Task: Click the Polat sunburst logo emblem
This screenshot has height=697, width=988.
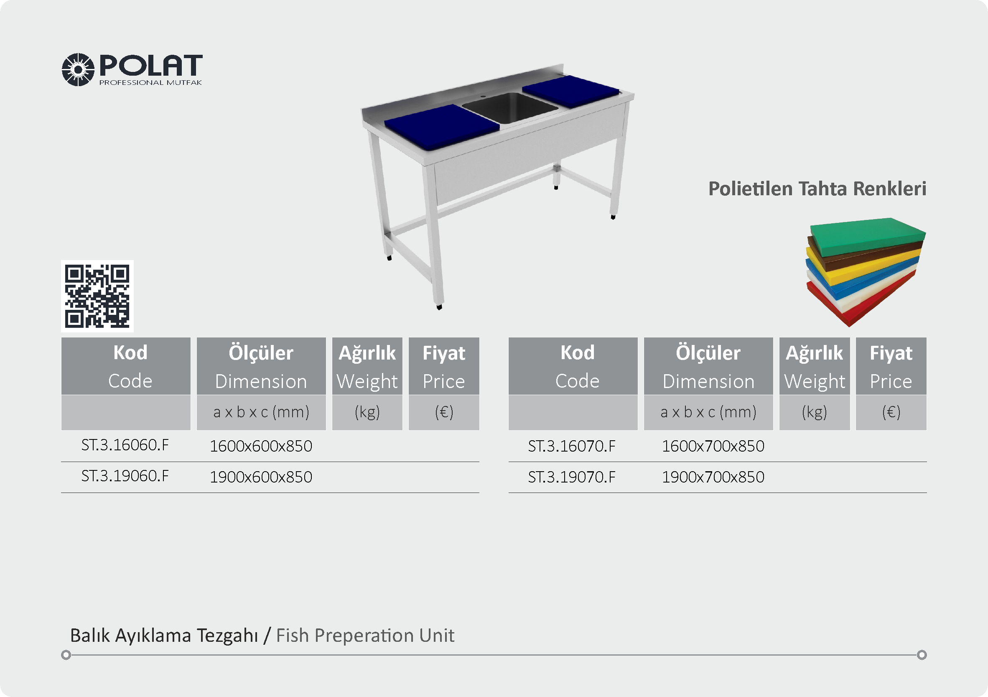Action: pyautogui.click(x=78, y=70)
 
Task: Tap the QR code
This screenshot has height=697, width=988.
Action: pyautogui.click(x=97, y=296)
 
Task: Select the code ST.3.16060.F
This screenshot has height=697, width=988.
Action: pyautogui.click(x=125, y=445)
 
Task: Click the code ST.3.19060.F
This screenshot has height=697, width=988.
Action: pyautogui.click(x=125, y=476)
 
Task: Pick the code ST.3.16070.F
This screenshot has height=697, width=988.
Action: pyautogui.click(x=572, y=446)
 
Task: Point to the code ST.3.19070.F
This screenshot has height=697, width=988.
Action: pyautogui.click(x=572, y=477)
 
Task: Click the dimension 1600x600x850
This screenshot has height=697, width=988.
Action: pyautogui.click(x=261, y=446)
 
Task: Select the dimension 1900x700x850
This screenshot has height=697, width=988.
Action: pyautogui.click(x=713, y=477)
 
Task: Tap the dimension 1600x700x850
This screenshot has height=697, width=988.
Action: pyautogui.click(x=713, y=446)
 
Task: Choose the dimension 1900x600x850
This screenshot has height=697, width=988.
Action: pyautogui.click(x=261, y=477)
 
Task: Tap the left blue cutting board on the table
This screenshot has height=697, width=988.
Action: pyautogui.click(x=441, y=127)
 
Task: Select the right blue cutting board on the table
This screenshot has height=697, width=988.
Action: pyautogui.click(x=570, y=91)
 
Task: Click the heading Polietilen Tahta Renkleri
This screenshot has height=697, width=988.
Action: pyautogui.click(x=817, y=189)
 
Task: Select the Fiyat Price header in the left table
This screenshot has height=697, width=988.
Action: pyautogui.click(x=444, y=367)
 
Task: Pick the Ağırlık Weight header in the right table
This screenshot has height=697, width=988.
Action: pyautogui.click(x=815, y=367)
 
